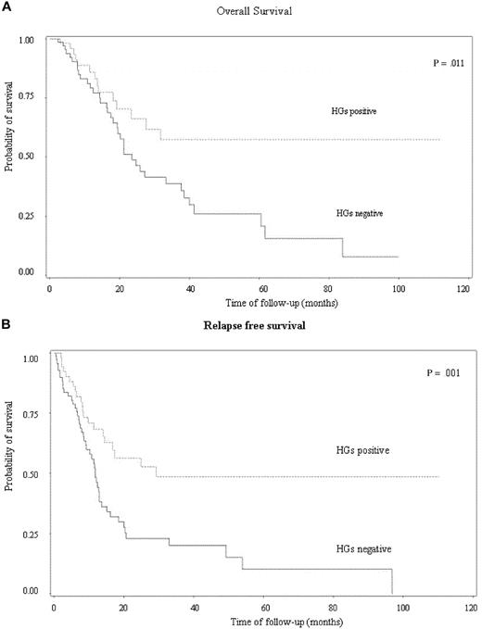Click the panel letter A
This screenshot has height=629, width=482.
pyautogui.click(x=6, y=6)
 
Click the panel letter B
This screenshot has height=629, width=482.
pyautogui.click(x=6, y=323)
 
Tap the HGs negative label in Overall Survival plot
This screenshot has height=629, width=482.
pyautogui.click(x=361, y=214)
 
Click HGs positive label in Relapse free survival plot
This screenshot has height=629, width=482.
pyautogui.click(x=367, y=451)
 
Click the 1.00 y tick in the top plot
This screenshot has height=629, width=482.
pyautogui.click(x=27, y=40)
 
